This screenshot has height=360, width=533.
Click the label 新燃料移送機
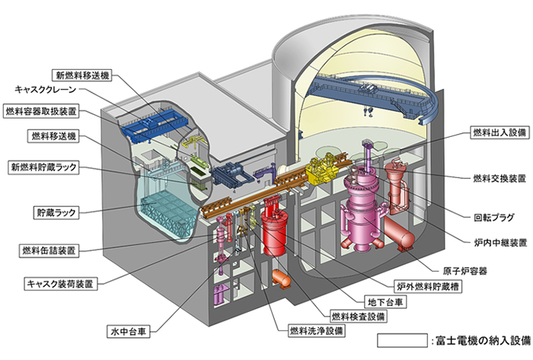[x=81, y=75]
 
